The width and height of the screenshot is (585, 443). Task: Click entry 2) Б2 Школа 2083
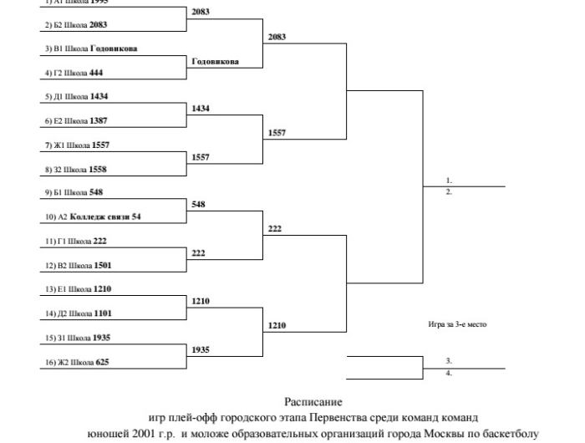tap(75, 25)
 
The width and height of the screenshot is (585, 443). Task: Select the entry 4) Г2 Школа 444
tap(74, 73)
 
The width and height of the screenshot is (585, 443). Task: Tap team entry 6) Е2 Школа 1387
tap(76, 121)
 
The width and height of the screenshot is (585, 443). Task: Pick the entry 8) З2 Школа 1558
tap(76, 170)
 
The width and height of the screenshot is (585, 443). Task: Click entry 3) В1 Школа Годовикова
tap(92, 48)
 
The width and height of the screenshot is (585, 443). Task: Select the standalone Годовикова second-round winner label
tap(215, 62)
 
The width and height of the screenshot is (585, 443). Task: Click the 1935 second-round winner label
tap(201, 350)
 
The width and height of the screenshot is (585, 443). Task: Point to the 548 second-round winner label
tap(199, 205)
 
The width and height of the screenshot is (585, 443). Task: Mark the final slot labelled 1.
tap(449, 181)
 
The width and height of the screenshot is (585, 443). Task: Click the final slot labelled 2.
tap(449, 191)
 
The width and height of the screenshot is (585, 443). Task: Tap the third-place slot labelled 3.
tap(449, 361)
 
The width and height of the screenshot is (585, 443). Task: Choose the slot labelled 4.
tap(449, 373)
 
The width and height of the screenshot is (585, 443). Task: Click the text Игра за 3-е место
tap(456, 325)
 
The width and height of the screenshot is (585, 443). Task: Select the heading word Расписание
tap(313, 402)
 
